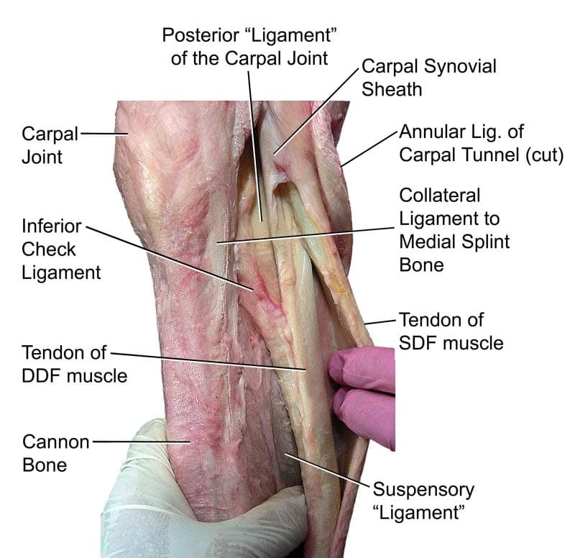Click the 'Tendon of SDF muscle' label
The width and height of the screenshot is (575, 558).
coord(451,330)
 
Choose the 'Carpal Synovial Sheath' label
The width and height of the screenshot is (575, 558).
coord(428,78)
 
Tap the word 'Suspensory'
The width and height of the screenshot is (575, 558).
coord(423,490)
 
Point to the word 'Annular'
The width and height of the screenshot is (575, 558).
coord(431,132)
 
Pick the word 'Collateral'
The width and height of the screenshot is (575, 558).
coord(440,195)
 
